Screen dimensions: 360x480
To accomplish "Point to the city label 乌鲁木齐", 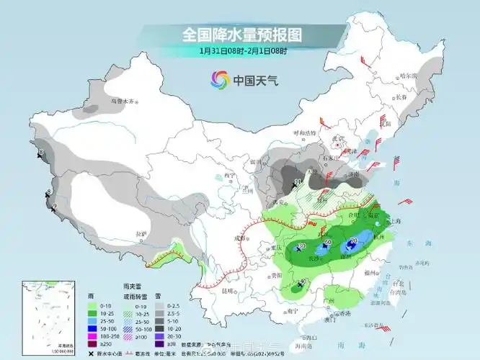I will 123,102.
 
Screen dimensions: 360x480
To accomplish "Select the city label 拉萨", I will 141,233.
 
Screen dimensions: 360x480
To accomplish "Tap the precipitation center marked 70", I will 352,241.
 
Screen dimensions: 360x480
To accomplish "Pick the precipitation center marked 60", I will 327,243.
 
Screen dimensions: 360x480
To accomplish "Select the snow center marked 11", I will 298,181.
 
